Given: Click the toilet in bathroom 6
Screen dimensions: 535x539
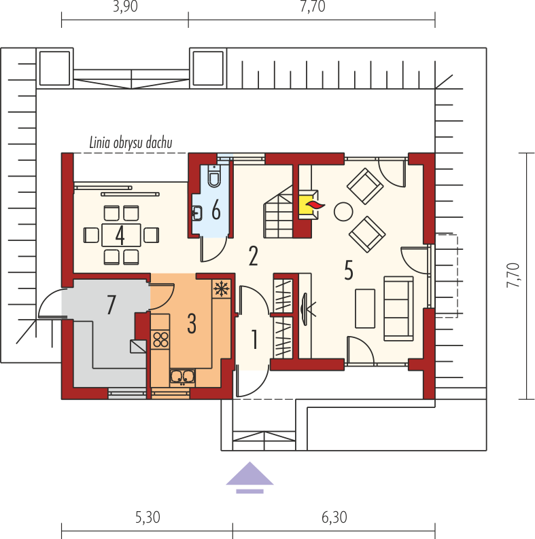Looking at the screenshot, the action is tap(214, 175).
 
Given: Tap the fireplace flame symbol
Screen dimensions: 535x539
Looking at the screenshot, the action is tap(315, 205).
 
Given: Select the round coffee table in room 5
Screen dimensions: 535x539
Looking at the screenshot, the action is tap(343, 211).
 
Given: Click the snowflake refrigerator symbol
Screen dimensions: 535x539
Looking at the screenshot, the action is tap(222, 289).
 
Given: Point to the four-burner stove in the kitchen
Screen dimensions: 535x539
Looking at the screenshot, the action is tap(160, 339).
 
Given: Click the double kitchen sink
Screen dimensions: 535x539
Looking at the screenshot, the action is tap(182, 377).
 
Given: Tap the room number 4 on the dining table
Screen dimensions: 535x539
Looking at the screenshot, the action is tap(120, 236).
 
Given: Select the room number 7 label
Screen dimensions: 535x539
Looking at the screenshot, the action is tap(111, 305).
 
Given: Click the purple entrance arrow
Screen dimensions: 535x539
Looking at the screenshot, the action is tap(249, 477).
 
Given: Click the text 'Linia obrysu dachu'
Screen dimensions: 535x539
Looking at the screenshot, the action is tap(131, 143).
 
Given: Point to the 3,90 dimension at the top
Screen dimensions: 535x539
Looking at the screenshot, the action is tap(125, 6).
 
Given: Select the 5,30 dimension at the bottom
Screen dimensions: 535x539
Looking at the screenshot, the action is tap(148, 517).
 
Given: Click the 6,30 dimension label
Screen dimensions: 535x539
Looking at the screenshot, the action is tap(334, 517).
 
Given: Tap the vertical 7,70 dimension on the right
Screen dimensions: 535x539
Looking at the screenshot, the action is tap(513, 276).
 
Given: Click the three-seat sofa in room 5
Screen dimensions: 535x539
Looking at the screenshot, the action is tap(398, 308).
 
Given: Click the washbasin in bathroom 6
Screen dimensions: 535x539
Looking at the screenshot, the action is tap(197, 213).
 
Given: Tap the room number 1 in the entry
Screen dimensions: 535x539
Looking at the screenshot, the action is tap(254, 339).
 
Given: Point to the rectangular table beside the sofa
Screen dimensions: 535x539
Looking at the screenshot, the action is tap(365, 308).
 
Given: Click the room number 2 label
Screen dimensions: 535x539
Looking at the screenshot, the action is tap(254, 256).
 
